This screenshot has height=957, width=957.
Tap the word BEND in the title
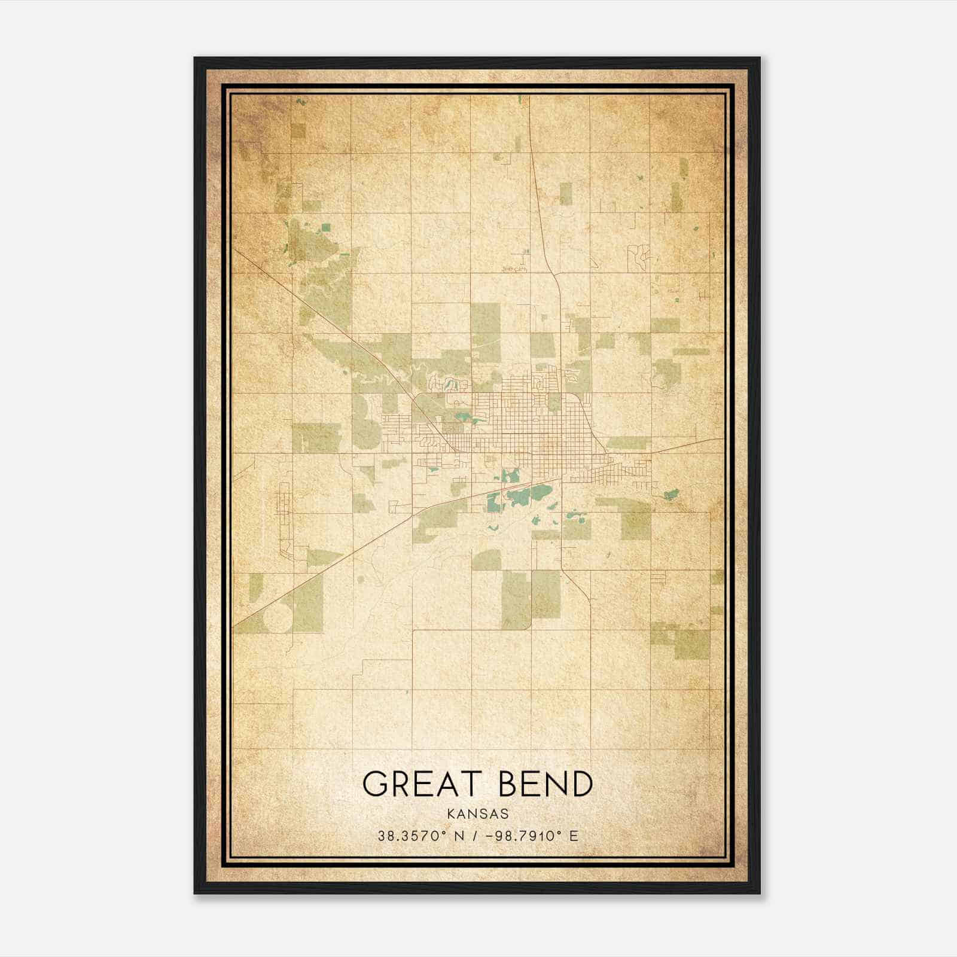click(x=546, y=784)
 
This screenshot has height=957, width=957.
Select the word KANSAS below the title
click(x=478, y=814)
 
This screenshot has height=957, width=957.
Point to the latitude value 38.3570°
click(x=410, y=836)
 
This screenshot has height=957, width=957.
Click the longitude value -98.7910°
click(x=522, y=836)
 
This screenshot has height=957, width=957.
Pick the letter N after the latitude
click(x=460, y=836)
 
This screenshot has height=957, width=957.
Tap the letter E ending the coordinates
click(x=574, y=836)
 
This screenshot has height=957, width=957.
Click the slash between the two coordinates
click(x=475, y=836)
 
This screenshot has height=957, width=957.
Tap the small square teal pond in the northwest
click(x=325, y=227)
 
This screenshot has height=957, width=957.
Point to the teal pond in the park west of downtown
click(x=461, y=418)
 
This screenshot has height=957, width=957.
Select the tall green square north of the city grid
click(x=485, y=332)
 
